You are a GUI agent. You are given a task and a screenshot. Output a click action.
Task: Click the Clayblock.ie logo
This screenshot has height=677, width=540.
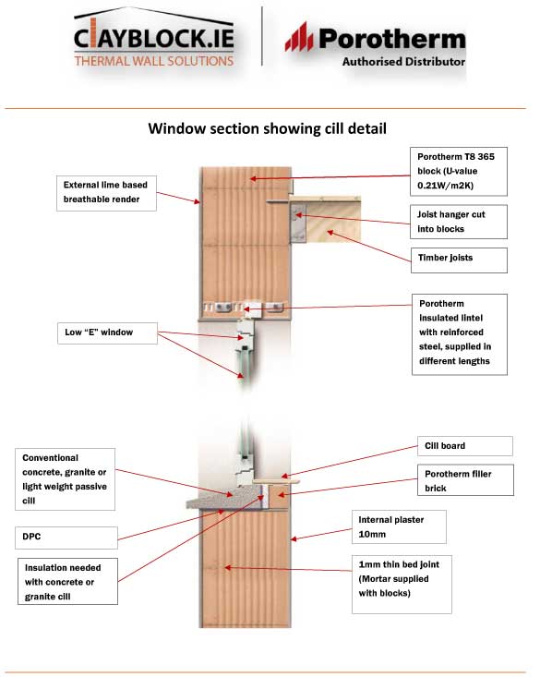[153, 38]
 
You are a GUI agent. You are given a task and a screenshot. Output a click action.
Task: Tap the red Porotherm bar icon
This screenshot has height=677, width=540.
[299, 37]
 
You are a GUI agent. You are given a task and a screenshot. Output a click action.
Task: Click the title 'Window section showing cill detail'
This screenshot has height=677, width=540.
[267, 128]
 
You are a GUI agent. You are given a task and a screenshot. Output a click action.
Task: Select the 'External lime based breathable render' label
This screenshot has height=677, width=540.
[106, 193]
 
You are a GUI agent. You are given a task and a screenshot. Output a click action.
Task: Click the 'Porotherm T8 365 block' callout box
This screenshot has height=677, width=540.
[459, 172]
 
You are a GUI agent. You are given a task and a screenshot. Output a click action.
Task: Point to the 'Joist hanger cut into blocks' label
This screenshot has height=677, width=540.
[459, 222]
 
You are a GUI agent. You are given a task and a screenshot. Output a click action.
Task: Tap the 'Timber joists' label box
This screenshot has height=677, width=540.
[459, 260]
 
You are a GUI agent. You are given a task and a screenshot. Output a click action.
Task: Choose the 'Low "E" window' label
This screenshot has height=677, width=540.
[107, 332]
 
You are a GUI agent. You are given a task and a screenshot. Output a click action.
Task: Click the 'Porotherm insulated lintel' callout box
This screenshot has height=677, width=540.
[460, 334]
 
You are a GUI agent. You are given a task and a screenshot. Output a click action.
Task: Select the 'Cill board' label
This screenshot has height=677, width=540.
[465, 446]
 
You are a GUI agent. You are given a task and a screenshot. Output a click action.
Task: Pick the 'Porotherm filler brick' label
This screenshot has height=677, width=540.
[466, 480]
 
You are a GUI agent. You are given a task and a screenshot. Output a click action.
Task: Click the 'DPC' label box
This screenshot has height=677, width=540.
[66, 538]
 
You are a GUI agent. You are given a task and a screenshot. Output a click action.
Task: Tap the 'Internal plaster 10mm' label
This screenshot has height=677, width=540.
[399, 527]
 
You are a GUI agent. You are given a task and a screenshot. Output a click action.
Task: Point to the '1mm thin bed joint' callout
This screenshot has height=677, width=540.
[402, 584]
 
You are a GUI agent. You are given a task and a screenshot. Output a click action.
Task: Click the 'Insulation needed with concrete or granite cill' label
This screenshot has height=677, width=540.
[67, 581]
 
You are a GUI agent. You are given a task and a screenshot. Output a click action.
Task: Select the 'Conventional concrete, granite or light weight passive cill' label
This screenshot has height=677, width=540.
[66, 479]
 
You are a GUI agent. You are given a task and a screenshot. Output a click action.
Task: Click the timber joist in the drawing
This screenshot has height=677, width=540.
[331, 220]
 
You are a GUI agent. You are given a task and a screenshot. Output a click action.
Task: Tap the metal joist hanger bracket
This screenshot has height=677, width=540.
[297, 223]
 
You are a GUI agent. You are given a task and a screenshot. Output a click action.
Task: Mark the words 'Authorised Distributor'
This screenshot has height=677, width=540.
[403, 62]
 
